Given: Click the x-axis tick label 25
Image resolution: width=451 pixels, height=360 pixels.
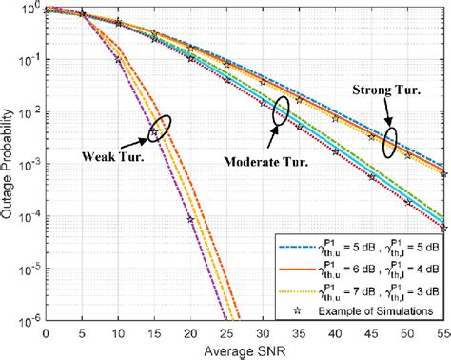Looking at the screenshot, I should click(x=226, y=336).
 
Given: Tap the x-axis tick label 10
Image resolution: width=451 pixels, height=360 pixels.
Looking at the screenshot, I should click(x=117, y=336).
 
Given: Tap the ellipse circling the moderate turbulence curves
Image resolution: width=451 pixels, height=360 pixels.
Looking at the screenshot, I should click(x=281, y=111).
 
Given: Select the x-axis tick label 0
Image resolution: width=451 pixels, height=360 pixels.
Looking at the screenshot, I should click(x=45, y=336).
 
